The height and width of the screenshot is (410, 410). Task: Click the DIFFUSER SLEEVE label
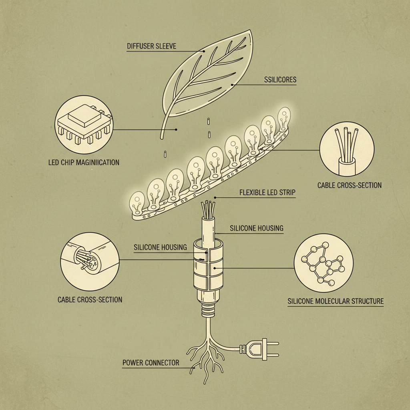(x=151, y=46)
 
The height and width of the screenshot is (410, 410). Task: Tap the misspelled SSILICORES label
(x=280, y=80)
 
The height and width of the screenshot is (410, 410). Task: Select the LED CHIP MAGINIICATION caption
(x=84, y=163)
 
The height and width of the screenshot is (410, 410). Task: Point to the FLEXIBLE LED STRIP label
(x=267, y=193)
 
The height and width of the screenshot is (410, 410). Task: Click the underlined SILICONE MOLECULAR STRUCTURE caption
(x=336, y=301)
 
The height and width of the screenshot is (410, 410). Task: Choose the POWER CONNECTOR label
(x=151, y=363)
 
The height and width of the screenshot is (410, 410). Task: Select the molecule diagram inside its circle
(x=323, y=263)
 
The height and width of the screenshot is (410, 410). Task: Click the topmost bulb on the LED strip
(x=284, y=119)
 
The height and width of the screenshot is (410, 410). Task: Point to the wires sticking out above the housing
(x=208, y=209)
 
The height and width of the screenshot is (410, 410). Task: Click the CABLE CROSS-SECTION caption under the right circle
(x=349, y=185)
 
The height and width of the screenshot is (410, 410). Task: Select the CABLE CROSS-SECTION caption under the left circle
(x=90, y=299)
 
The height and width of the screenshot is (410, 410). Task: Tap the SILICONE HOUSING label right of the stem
(x=257, y=228)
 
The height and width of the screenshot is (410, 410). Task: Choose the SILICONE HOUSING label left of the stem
(x=160, y=247)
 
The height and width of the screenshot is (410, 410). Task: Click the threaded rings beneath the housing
(x=208, y=311)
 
